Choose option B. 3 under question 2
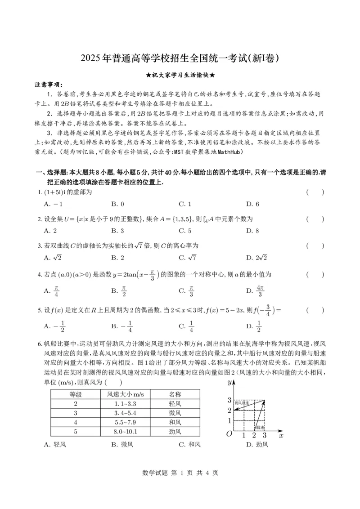(117, 231)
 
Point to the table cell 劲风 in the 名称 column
(175, 432)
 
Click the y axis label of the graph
(229, 382)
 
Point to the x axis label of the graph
(281, 435)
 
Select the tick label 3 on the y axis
(229, 400)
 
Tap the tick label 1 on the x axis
(243, 435)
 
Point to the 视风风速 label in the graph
(242, 403)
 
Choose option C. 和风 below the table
(189, 445)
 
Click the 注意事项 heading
(49, 85)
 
